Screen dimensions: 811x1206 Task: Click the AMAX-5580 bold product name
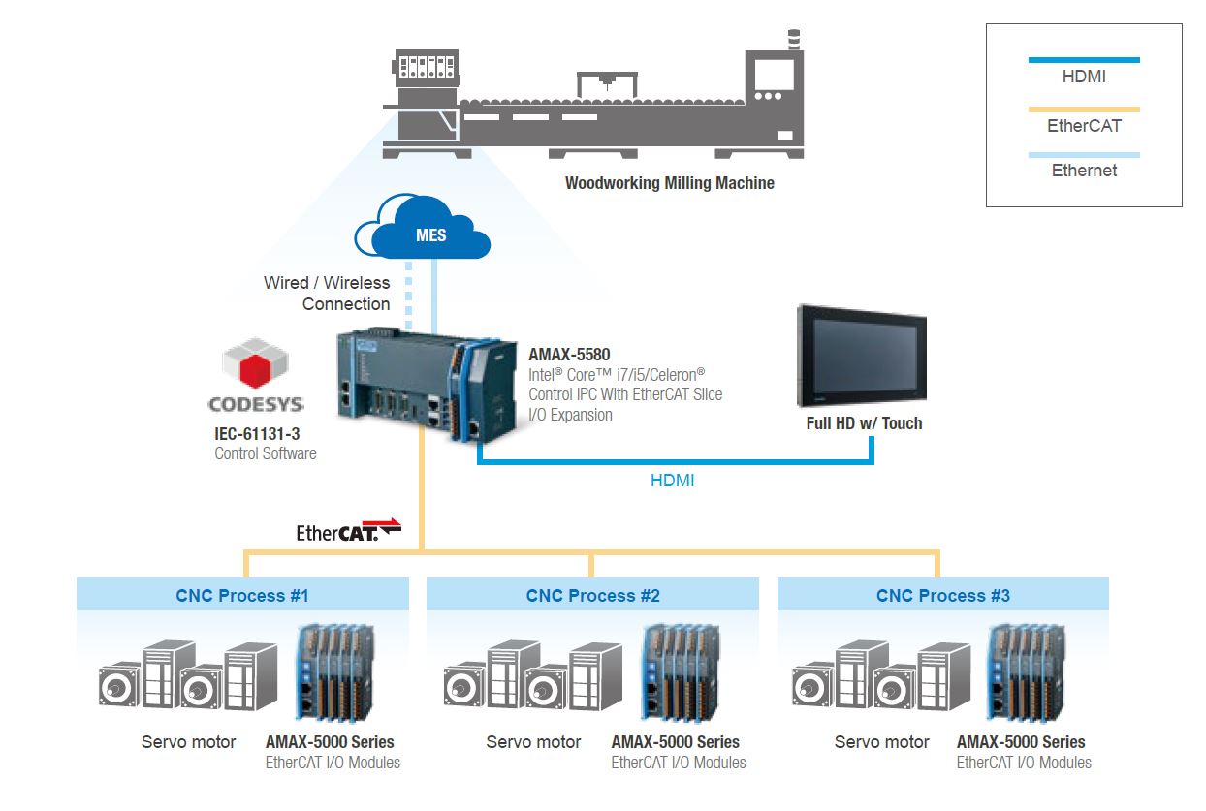pyautogui.click(x=569, y=355)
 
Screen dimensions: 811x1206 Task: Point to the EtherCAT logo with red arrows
pyautogui.click(x=349, y=530)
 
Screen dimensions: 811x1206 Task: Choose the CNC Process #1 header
pyautogui.click(x=242, y=595)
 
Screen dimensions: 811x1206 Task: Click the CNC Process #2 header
pyautogui.click(x=592, y=595)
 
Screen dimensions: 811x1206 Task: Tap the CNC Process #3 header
pyautogui.click(x=942, y=595)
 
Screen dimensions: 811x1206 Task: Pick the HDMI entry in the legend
pyautogui.click(x=1084, y=76)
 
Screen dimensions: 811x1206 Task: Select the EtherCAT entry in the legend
pyautogui.click(x=1084, y=125)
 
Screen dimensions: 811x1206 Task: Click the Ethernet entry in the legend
pyautogui.click(x=1084, y=171)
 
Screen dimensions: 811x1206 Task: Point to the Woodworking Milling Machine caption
pyautogui.click(x=670, y=182)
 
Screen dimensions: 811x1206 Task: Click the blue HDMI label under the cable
pyautogui.click(x=672, y=480)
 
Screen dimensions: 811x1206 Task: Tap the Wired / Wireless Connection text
pyautogui.click(x=327, y=293)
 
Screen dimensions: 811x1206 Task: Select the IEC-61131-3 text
pyautogui.click(x=257, y=434)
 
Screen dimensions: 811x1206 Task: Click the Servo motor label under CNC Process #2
pyautogui.click(x=533, y=742)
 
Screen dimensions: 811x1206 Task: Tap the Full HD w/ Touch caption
pyautogui.click(x=864, y=423)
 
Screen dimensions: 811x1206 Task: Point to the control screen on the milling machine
pyautogui.click(x=774, y=75)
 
